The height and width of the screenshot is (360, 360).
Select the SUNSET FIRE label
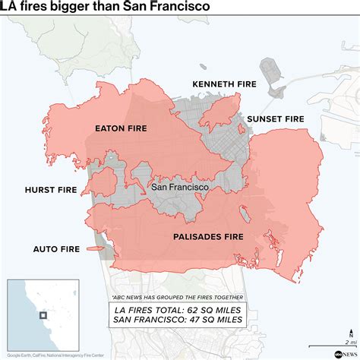click(276, 119)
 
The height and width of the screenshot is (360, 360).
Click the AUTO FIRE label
click(55, 248)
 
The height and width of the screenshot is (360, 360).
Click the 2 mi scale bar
click(346, 333)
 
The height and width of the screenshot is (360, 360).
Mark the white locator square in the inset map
click(44, 315)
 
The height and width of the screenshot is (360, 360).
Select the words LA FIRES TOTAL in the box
click(153, 309)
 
